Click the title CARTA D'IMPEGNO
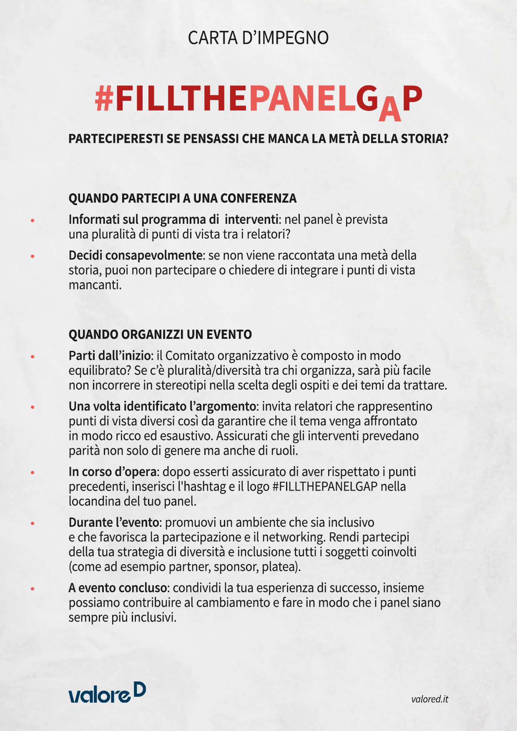(258, 38)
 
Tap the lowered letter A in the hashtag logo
(389, 110)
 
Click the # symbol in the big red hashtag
(104, 99)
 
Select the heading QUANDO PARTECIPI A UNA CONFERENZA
(183, 198)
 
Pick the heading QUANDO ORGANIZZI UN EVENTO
(160, 335)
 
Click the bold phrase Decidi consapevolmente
(136, 255)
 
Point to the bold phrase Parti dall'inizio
(109, 356)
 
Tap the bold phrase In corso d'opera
(113, 472)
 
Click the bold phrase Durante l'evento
(113, 522)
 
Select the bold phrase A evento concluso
(118, 588)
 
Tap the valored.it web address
(429, 699)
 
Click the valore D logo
(107, 693)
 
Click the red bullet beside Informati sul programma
(33, 220)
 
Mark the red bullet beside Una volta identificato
(33, 407)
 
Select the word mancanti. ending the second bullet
(95, 285)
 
